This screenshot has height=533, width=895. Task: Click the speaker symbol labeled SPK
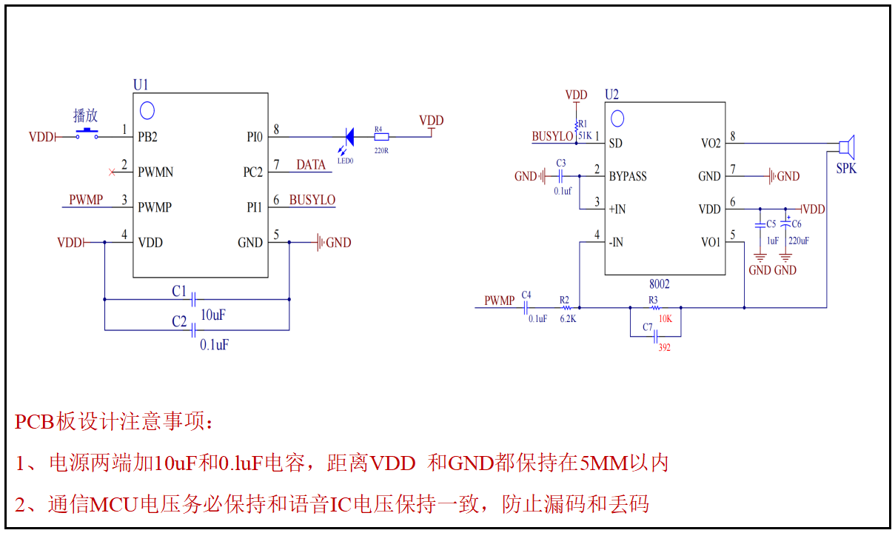point(848,146)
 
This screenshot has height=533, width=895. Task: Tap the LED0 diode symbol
point(349,137)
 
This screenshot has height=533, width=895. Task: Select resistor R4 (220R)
point(380,137)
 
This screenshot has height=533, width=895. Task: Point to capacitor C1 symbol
point(193,299)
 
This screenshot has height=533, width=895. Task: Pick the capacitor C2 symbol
point(193,329)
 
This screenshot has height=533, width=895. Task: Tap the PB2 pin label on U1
point(148,137)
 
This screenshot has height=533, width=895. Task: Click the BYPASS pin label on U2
point(628,176)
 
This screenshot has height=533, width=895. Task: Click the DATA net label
point(311,164)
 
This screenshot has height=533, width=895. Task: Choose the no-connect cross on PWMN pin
point(112,172)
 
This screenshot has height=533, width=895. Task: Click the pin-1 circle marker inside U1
point(147,111)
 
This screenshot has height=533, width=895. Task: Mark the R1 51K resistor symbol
point(577,122)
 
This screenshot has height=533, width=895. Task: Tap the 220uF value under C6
point(799,241)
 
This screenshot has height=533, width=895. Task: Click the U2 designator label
point(611,95)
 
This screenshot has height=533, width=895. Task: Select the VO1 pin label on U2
point(710,242)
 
